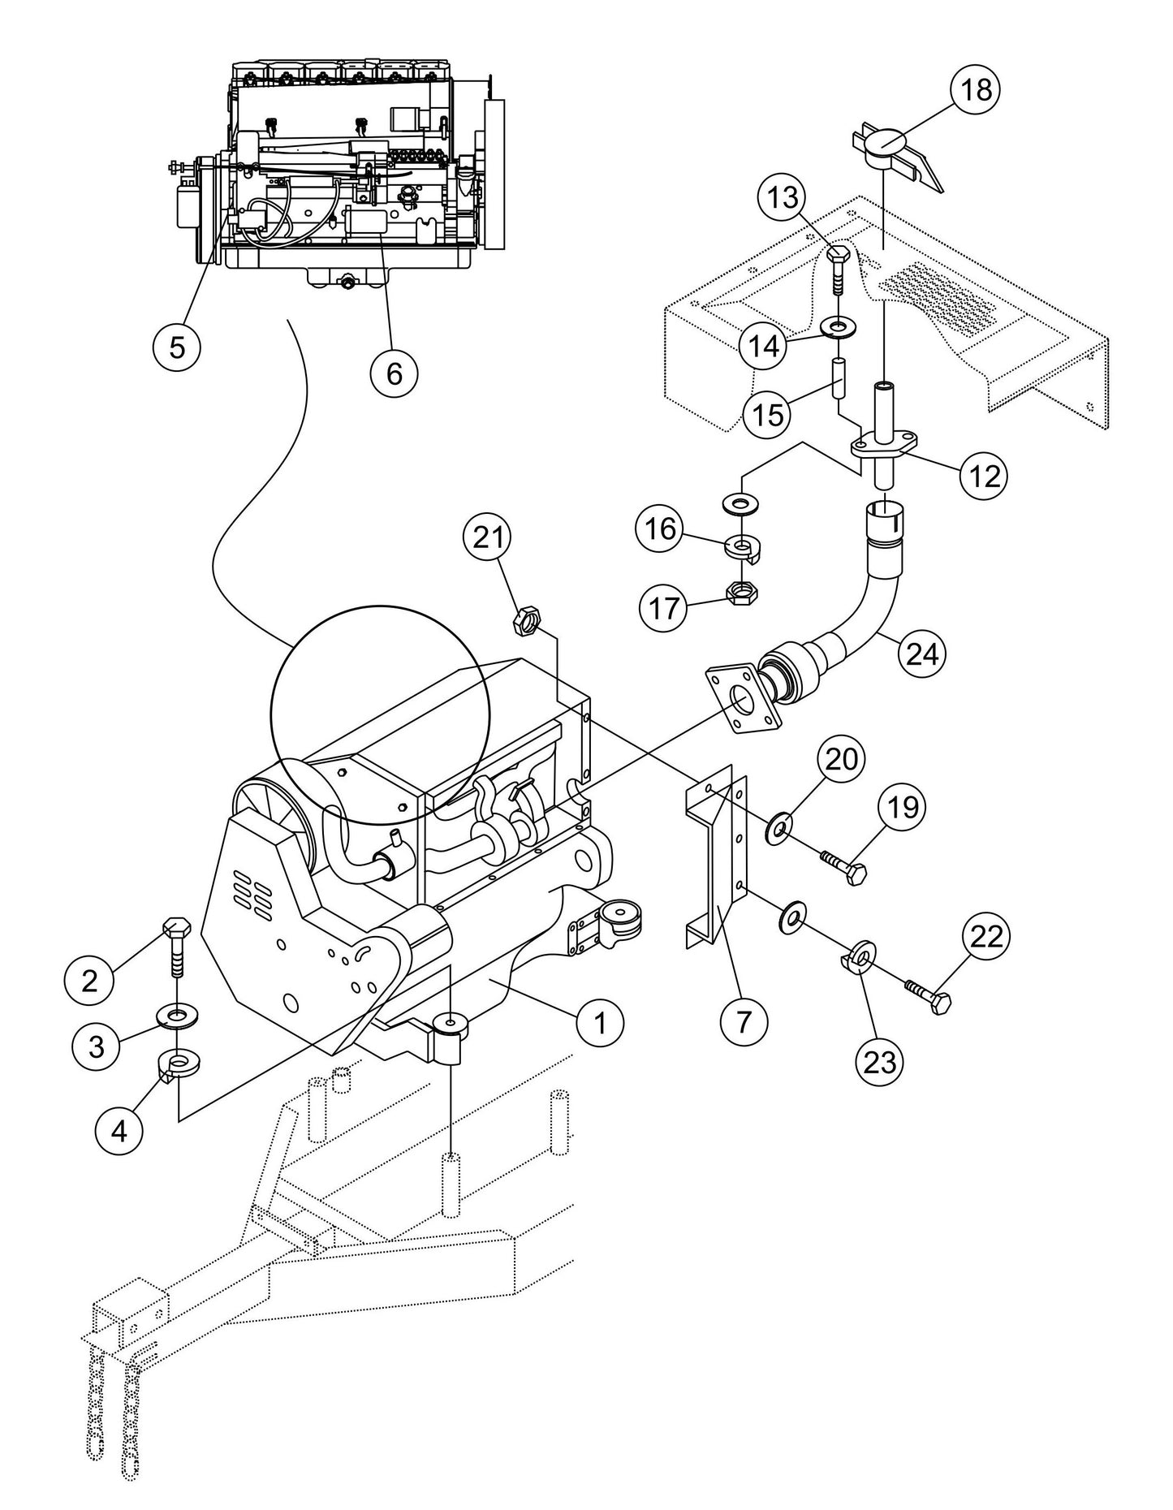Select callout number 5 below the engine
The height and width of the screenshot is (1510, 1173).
coord(177,347)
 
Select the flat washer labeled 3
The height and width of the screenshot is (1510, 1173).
coord(176,1016)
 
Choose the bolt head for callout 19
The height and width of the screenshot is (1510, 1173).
coord(855,874)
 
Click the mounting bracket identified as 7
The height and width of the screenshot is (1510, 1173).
coord(717,861)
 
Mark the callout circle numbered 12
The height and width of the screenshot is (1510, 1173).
coord(984,476)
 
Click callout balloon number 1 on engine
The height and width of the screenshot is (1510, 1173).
coord(600,1023)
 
